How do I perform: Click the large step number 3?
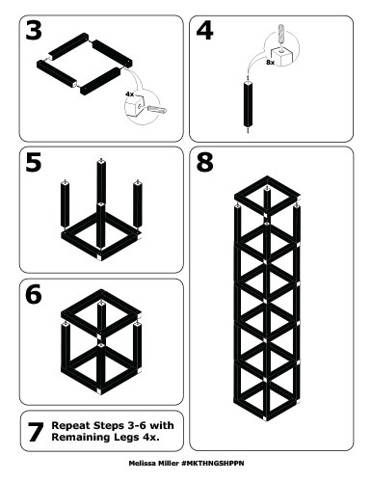36,30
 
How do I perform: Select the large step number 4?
204,30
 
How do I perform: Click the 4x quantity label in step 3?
128,94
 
